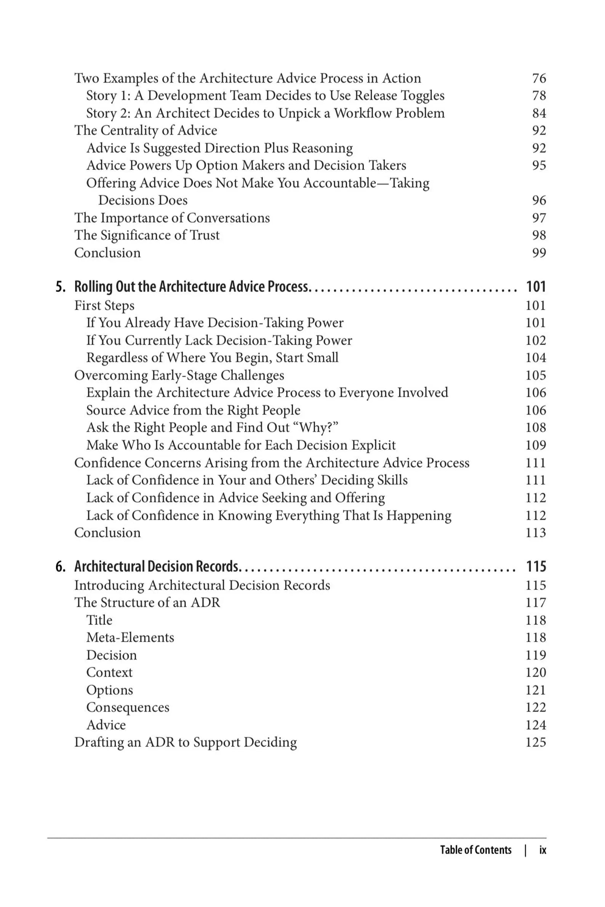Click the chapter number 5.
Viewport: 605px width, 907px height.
click(x=60, y=287)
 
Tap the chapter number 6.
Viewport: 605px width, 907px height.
click(x=60, y=567)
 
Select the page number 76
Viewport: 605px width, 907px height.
click(x=539, y=78)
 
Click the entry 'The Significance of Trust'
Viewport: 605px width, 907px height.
click(x=147, y=235)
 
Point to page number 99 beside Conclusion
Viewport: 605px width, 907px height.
click(x=539, y=253)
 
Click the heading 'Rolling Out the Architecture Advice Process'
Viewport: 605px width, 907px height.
click(x=191, y=287)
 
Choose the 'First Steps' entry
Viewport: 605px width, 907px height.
click(x=104, y=305)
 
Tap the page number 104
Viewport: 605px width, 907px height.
click(x=536, y=358)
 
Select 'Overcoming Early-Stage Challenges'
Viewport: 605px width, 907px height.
click(x=179, y=375)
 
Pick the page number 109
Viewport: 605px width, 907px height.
click(x=536, y=446)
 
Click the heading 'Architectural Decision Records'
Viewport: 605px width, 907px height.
click(x=157, y=567)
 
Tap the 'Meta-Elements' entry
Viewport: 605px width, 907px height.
click(x=130, y=637)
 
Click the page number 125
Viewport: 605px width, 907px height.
click(x=536, y=743)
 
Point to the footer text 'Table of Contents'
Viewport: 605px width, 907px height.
click(x=476, y=850)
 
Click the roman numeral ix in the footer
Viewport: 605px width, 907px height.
click(x=543, y=850)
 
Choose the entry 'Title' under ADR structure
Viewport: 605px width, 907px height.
click(x=99, y=620)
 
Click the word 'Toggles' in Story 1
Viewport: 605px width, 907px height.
click(x=423, y=96)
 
